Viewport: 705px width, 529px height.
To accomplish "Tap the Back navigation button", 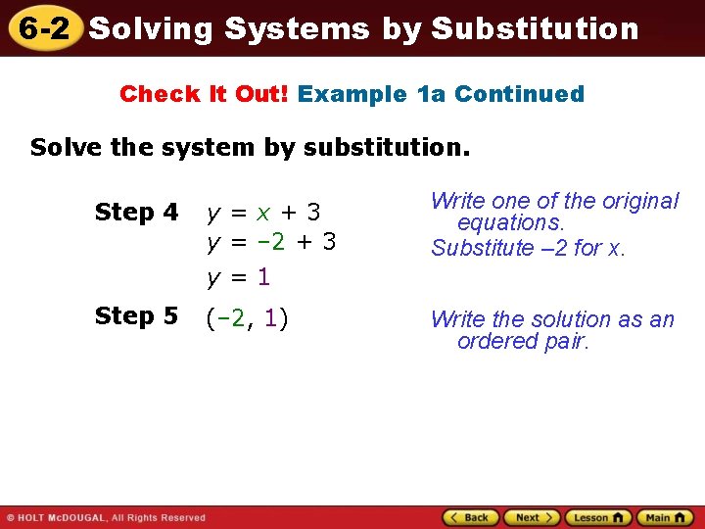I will (471, 517).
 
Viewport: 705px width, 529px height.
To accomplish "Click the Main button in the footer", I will (664, 517).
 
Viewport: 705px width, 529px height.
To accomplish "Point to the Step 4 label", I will (136, 213).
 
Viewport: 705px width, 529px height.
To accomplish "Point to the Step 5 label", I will (136, 316).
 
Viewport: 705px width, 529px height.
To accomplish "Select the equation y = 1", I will (238, 277).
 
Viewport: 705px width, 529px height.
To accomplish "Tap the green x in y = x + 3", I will (263, 213).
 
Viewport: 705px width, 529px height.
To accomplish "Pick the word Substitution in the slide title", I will (535, 28).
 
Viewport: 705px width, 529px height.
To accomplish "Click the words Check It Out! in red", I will (205, 94).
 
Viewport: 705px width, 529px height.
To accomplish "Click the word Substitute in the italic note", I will (475, 248).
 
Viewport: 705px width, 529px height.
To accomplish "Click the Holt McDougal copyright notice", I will (106, 517).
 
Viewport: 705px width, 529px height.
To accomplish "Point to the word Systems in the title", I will (297, 28).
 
